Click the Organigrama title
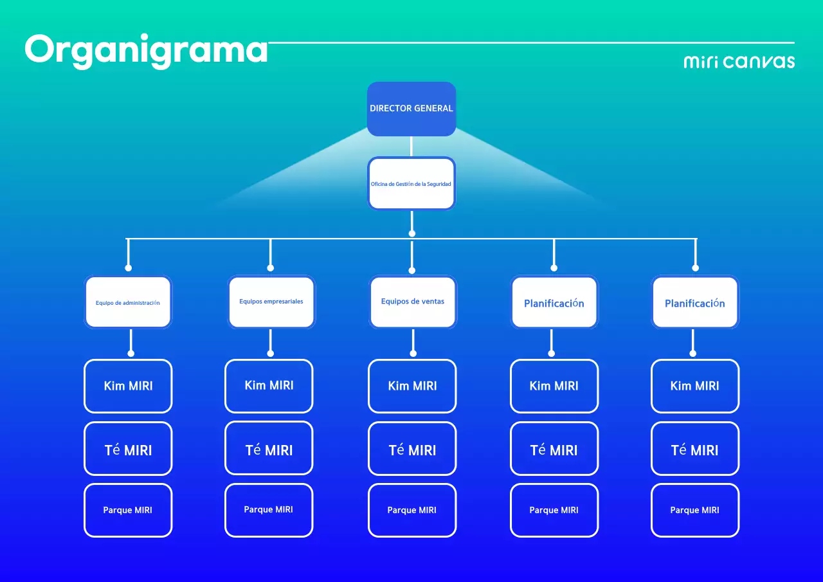pos(146,50)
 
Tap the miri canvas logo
pos(739,62)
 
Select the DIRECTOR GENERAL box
pos(411,109)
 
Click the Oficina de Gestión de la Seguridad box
pos(411,184)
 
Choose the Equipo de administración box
pos(128,302)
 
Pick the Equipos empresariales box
pos(271,302)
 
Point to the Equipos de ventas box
pos(413,302)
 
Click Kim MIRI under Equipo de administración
pos(128,386)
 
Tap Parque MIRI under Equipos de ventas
pos(412,510)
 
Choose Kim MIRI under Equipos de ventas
pos(412,386)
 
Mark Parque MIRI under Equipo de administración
pos(128,510)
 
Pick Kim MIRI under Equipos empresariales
pos(269,385)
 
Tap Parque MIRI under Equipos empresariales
pos(269,510)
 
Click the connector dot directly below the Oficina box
pos(411,233)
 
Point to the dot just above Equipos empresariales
pos(270,268)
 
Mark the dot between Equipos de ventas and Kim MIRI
pos(413,353)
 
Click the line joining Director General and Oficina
pos(411,147)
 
